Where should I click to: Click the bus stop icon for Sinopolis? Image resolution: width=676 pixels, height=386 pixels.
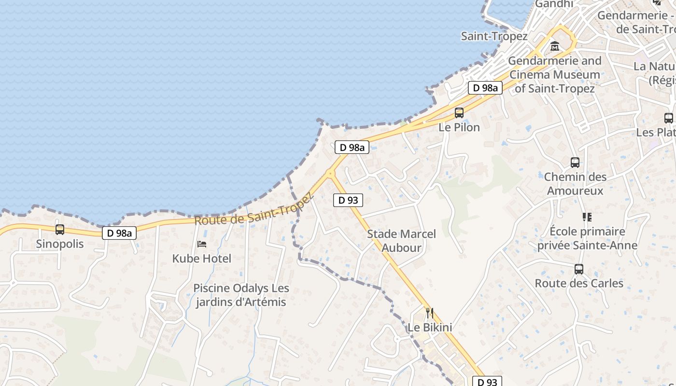tap(60, 230)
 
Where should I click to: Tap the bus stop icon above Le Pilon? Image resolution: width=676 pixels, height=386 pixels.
tap(459, 113)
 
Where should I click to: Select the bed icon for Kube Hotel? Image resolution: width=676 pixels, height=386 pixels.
tap(202, 244)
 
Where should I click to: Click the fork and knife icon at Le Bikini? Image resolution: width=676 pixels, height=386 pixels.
tap(429, 313)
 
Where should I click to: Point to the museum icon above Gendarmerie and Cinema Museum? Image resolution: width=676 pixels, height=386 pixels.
tap(554, 46)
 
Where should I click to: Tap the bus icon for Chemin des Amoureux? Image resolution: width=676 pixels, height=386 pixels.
tap(575, 163)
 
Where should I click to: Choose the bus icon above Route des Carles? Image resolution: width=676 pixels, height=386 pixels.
tap(578, 269)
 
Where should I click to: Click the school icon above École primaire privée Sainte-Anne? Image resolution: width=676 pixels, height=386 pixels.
tap(587, 217)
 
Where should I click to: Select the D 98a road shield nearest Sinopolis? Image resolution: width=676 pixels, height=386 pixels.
tap(119, 233)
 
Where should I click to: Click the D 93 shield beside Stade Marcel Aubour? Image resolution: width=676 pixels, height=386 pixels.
tap(348, 200)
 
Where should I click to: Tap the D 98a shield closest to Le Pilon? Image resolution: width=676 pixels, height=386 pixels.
tap(485, 88)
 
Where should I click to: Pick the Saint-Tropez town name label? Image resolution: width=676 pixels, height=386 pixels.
tap(494, 36)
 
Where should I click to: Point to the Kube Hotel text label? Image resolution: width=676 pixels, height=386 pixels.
tap(202, 259)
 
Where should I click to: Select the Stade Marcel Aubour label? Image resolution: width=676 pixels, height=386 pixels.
tap(401, 241)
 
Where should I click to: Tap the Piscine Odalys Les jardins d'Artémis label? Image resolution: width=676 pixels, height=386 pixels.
tap(241, 295)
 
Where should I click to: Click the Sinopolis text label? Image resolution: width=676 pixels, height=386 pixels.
tap(60, 244)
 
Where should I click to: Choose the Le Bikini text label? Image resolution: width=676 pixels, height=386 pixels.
tap(430, 328)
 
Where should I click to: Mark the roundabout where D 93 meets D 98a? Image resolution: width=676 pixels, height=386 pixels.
tap(331, 173)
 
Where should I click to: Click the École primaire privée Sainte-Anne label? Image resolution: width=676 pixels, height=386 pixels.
tap(587, 238)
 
